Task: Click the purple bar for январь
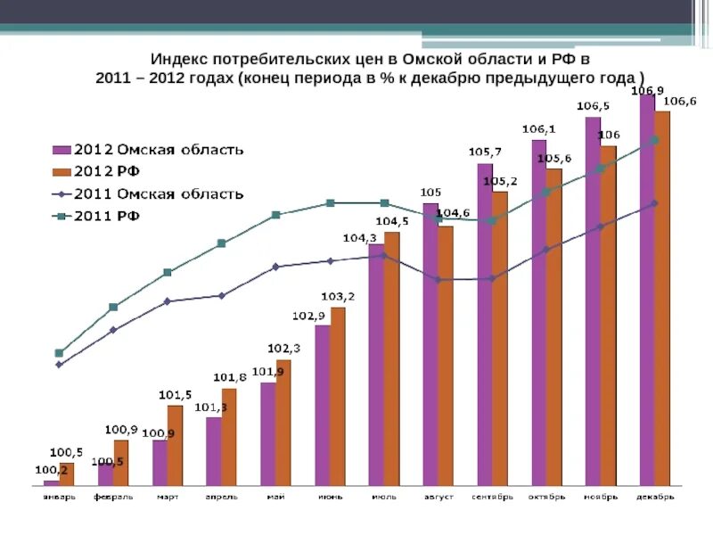[x=51, y=482]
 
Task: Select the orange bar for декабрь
[x=662, y=298]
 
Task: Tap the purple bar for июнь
[x=322, y=405]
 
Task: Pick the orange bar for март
[x=175, y=445]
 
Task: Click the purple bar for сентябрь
[x=484, y=324]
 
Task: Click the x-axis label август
[x=438, y=496]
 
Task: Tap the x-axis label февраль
[x=113, y=496]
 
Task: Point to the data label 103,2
[x=338, y=296]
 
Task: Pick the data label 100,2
[x=50, y=470]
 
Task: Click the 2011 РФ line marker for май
[x=276, y=215]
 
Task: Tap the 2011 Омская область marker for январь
[x=59, y=365]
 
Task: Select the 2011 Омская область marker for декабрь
[x=654, y=203]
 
